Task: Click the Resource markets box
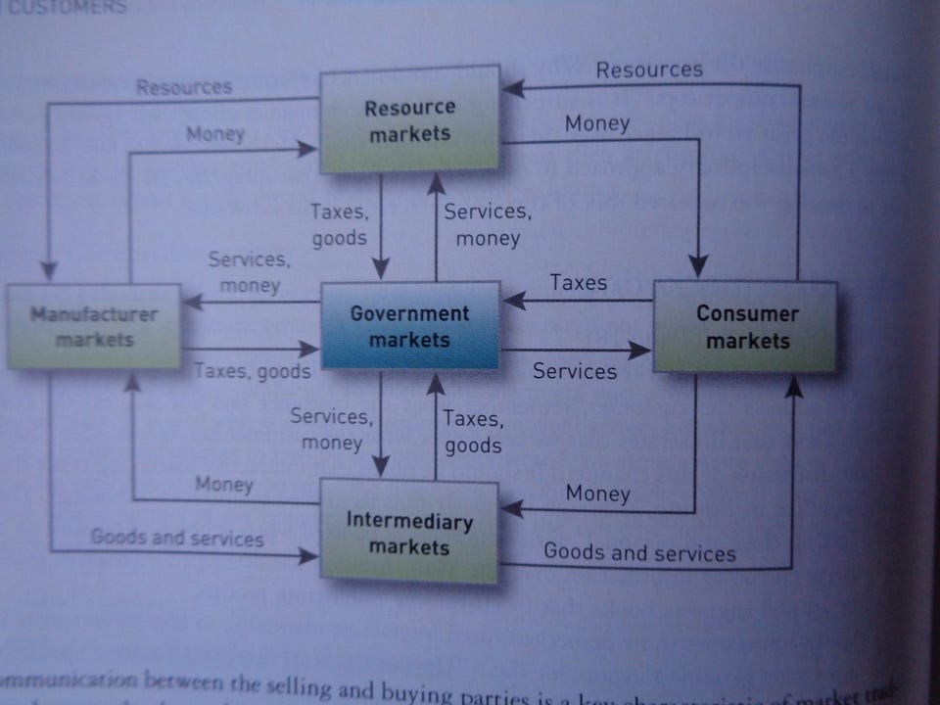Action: point(410,119)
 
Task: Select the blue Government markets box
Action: point(410,326)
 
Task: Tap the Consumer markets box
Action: point(746,327)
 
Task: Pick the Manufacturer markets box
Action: point(94,327)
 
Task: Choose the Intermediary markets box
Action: point(409,533)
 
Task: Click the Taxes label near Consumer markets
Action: point(578,283)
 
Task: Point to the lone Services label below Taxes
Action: point(575,371)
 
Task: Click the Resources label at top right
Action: point(649,70)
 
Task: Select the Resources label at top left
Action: point(184,87)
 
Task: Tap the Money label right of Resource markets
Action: point(596,124)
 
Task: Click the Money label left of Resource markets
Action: point(215,134)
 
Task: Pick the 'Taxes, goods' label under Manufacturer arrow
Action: point(252,371)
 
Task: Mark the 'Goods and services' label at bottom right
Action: point(639,552)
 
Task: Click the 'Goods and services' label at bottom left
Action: point(177,538)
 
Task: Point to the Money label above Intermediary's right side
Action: point(597,493)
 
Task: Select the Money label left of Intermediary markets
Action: point(223,484)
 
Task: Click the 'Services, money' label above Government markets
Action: point(488,224)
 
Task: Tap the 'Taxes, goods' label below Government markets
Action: point(473,432)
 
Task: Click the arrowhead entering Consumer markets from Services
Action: point(641,350)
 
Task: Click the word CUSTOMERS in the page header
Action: point(65,7)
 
